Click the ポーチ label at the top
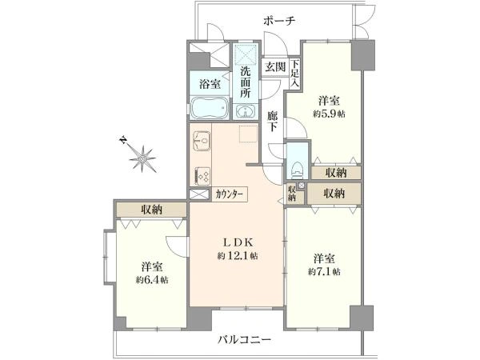point(279,21)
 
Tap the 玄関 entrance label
point(275,66)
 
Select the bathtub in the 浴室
point(210,108)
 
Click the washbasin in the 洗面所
point(246,111)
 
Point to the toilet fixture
point(298,170)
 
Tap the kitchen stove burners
point(202,177)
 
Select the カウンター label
point(230,194)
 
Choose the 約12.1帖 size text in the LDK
point(238,255)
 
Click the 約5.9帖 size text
point(329,114)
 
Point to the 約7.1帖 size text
point(324,271)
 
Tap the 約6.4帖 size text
point(152,279)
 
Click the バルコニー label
point(244,339)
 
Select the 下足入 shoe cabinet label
point(294,74)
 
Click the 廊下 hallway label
point(272,122)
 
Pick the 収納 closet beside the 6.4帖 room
point(151,210)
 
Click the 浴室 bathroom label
point(210,84)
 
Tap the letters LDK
point(238,242)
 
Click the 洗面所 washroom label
point(246,82)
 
